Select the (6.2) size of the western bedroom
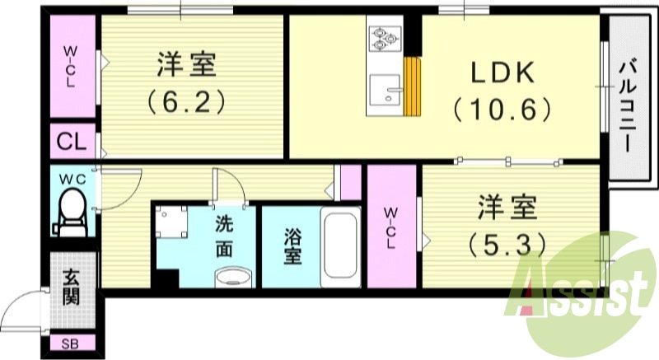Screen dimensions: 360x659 coord(186,102)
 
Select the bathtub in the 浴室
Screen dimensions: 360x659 coord(339,245)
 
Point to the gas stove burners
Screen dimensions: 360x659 coord(383,36)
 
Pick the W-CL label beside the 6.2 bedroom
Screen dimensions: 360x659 coord(71,67)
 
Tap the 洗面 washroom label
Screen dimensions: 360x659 coord(224,236)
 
